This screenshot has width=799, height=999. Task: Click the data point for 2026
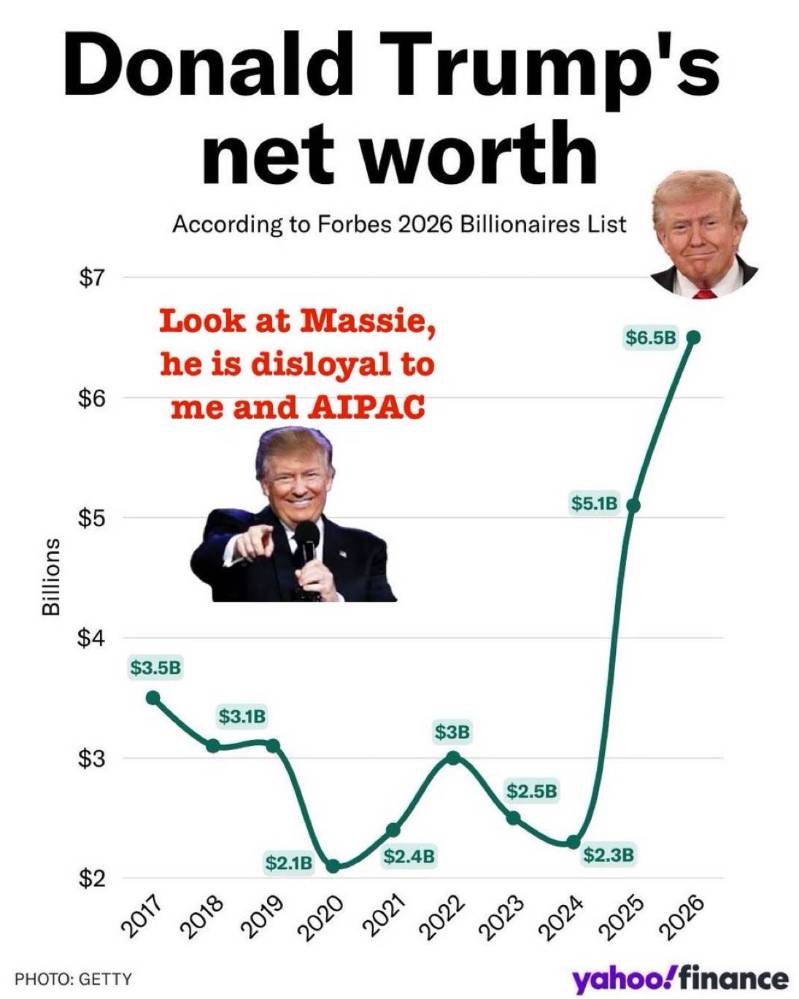coord(693,337)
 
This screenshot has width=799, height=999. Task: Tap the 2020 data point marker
coord(333,866)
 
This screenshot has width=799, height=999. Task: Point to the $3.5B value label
coord(155,666)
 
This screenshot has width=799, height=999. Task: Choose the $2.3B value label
coord(609,855)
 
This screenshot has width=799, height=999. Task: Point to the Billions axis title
coord(50,577)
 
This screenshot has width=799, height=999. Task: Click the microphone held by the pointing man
coord(307,541)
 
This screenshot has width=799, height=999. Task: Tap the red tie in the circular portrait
coord(703,294)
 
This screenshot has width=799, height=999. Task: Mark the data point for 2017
coord(153,698)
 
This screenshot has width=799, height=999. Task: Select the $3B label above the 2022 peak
coord(452,731)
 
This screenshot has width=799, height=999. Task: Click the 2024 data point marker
coord(574,842)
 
